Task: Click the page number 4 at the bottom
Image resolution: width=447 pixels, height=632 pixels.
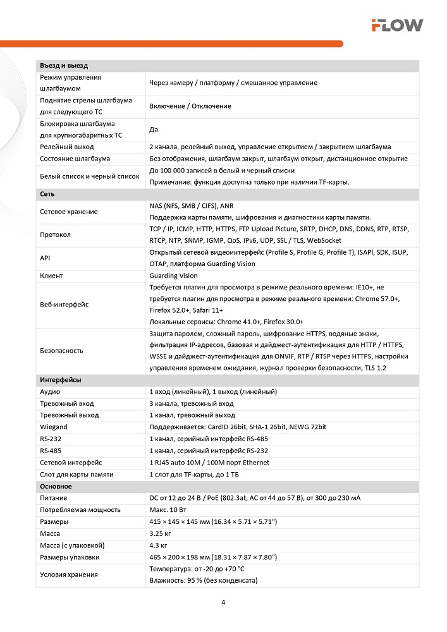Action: point(223,602)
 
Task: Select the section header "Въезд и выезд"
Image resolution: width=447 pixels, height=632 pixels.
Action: point(64,66)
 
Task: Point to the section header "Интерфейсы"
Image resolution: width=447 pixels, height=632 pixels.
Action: point(61,380)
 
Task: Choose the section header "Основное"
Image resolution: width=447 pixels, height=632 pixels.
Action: point(56,487)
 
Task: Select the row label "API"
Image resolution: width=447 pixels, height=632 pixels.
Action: point(45,258)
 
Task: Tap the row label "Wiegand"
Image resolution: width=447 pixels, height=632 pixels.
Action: point(54,427)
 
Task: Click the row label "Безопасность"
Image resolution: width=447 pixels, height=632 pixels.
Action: point(61,350)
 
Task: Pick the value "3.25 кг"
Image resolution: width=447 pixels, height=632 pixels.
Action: point(161,534)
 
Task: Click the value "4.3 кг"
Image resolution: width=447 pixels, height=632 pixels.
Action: point(159,545)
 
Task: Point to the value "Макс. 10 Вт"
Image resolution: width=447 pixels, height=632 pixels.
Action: point(169,510)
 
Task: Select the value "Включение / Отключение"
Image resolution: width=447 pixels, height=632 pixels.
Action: point(190,106)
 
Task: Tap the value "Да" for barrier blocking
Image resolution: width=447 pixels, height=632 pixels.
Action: point(153,130)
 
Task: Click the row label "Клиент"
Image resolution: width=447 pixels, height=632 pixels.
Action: point(51,276)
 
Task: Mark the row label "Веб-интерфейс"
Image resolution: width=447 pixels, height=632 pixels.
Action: point(64,305)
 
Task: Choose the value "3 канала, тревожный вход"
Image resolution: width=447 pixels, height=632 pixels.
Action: point(192,403)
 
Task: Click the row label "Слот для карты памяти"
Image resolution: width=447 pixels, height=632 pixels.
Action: point(77,474)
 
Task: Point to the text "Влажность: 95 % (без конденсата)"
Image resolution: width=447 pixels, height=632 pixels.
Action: point(204,580)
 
